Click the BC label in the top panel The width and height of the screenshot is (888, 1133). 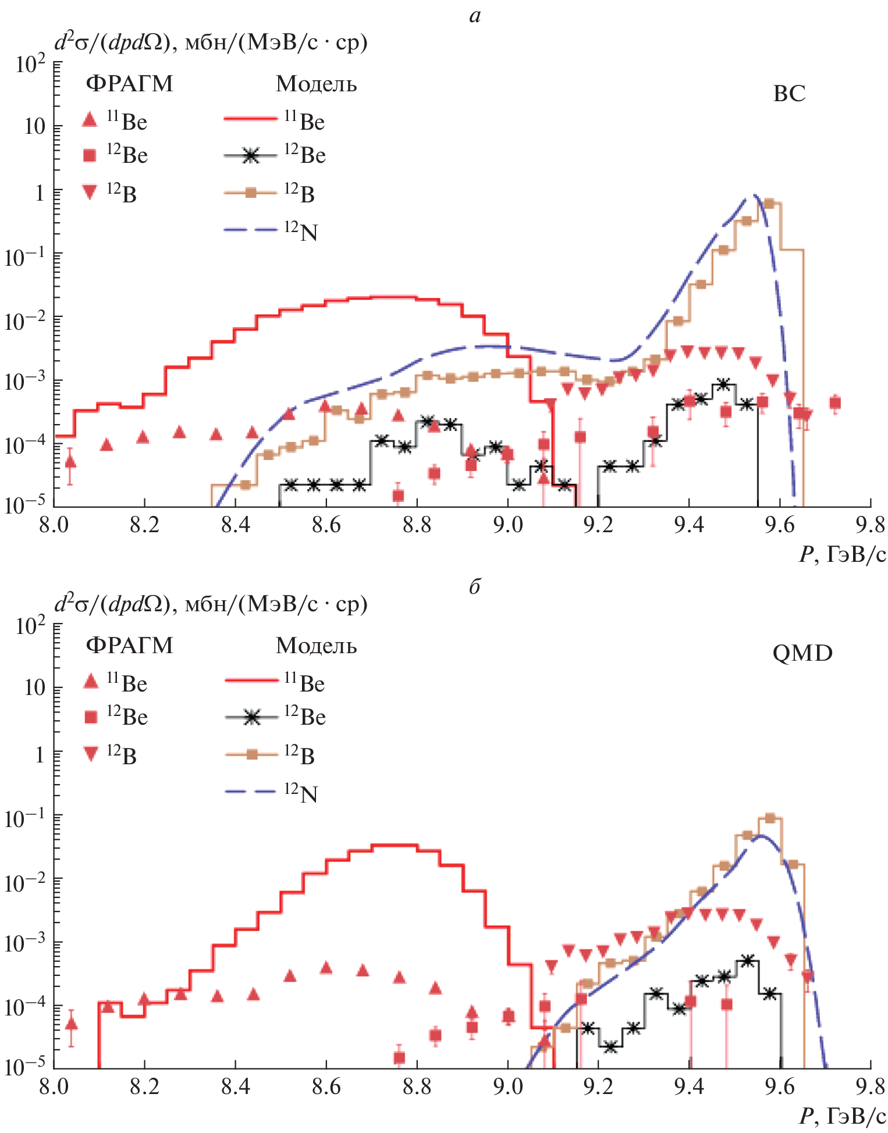(x=788, y=94)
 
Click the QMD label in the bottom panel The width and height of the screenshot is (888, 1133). (x=802, y=653)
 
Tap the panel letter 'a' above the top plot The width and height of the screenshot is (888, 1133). (x=475, y=16)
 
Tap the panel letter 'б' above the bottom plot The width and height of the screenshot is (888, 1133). (x=475, y=587)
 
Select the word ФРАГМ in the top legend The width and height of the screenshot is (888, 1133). (x=129, y=84)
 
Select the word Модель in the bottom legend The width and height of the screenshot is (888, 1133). (x=316, y=646)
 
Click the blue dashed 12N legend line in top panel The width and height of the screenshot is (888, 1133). (x=250, y=230)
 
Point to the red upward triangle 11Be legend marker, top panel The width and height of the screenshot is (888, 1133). (x=90, y=120)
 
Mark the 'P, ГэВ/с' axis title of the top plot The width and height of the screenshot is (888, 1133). (x=843, y=554)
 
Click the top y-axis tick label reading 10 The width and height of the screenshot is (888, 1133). (x=34, y=126)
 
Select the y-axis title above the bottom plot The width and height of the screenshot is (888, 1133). (x=211, y=605)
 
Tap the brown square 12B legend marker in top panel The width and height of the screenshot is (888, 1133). (x=251, y=193)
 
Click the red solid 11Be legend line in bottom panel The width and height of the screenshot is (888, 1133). (x=251, y=680)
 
